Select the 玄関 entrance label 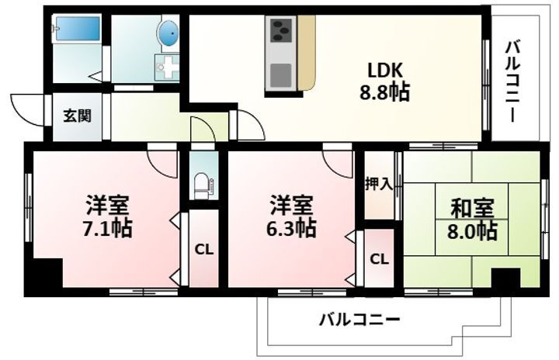(x=77, y=116)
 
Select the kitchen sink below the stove (x=280, y=74)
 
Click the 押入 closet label (x=379, y=185)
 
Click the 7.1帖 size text (x=108, y=228)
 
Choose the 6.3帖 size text (x=292, y=228)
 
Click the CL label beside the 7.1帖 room (x=203, y=250)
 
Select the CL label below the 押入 (x=379, y=258)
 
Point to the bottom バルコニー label (x=359, y=319)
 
